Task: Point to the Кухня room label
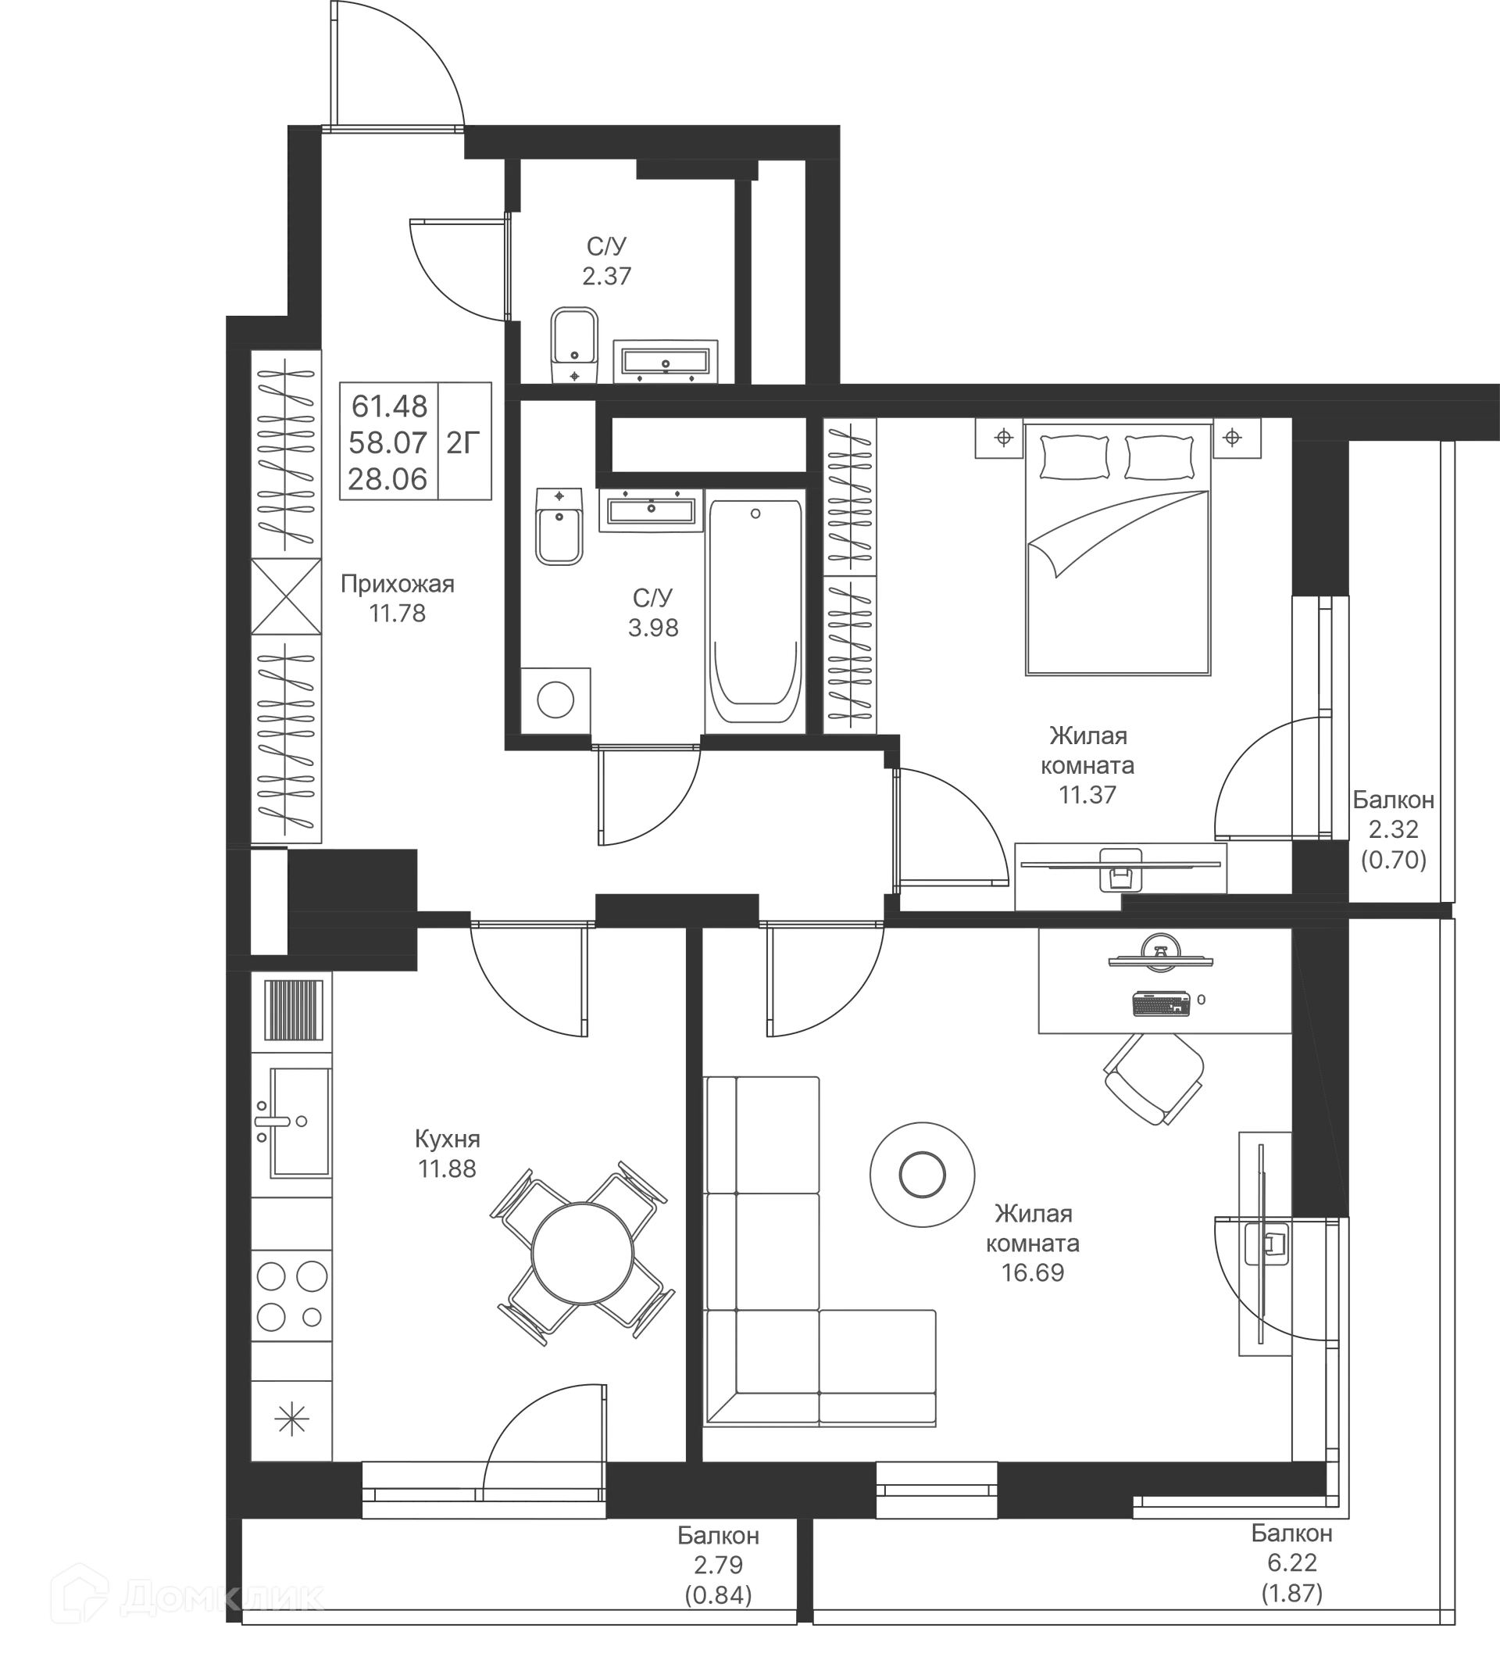pos(446,1140)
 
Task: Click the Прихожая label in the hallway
pos(396,584)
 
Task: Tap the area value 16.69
pos(1034,1272)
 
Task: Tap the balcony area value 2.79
pos(717,1564)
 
